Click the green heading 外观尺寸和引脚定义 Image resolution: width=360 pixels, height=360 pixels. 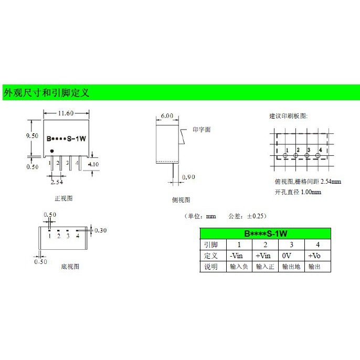tap(47, 93)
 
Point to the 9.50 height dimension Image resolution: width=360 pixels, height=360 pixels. tap(33, 135)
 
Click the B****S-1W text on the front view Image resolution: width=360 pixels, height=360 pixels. tap(66, 140)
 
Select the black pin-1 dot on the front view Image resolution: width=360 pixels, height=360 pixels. tap(51, 152)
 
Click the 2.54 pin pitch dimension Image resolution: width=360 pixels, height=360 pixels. tap(58, 182)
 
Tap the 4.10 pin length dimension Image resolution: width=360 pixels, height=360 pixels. tap(93, 164)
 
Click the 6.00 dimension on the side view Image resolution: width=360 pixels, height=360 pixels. tap(167, 116)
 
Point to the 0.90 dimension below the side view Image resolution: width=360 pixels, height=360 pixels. tap(188, 177)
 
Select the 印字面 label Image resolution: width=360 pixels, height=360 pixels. tap(202, 130)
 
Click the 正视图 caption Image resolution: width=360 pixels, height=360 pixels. tap(63, 199)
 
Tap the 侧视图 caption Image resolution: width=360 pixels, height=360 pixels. tap(181, 200)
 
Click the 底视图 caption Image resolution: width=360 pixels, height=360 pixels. tap(70, 267)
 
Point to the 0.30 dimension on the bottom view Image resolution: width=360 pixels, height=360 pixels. tap(100, 230)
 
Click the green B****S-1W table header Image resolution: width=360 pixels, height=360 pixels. tap(265, 234)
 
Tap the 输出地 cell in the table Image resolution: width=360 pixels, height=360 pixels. tap(291, 267)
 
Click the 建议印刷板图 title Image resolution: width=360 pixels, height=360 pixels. tap(288, 116)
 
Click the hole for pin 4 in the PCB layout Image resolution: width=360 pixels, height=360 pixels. tap(319, 155)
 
